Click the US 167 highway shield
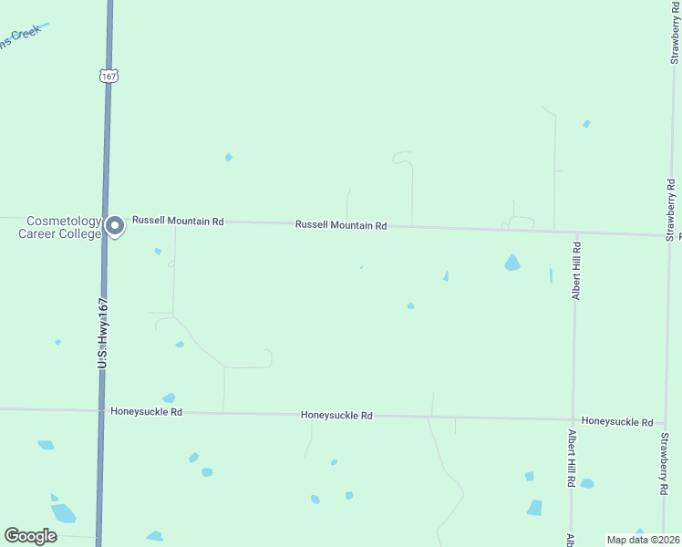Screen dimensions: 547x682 click(109, 77)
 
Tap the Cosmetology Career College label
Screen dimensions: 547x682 click(60, 227)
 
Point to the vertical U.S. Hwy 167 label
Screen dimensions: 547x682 click(103, 334)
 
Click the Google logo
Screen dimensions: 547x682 click(31, 536)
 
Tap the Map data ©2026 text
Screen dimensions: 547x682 click(643, 539)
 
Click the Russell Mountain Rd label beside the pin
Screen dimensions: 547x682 click(178, 221)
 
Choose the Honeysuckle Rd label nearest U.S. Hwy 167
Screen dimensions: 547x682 click(146, 412)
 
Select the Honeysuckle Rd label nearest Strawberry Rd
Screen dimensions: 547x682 click(617, 422)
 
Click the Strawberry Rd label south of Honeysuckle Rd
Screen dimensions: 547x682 click(665, 463)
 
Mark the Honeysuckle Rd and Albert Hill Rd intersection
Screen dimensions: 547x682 click(573, 420)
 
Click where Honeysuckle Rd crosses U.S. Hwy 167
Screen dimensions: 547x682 click(100, 410)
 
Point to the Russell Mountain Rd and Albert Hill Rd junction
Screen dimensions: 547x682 click(575, 231)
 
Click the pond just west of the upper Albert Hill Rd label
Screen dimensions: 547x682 click(551, 275)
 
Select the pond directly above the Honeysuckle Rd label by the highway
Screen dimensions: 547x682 click(169, 397)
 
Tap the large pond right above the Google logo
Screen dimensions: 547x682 click(63, 512)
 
